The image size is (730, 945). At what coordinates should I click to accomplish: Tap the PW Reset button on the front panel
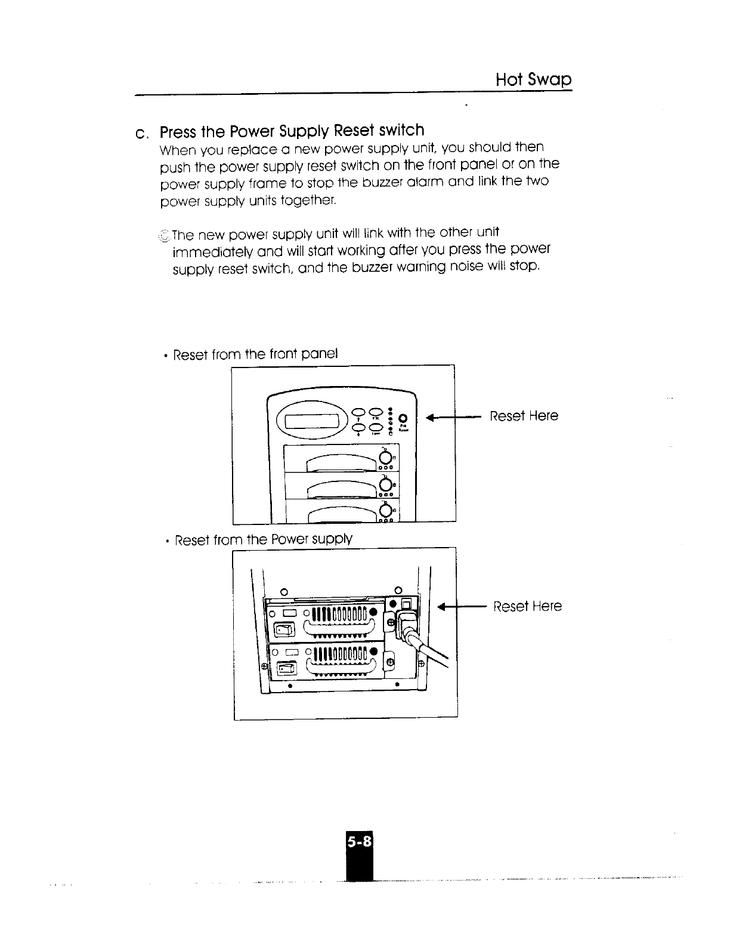403,417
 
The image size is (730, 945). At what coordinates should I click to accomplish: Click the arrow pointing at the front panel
453,417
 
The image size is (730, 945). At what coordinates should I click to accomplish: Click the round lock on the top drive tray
385,458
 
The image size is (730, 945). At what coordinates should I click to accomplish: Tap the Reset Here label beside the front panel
524,416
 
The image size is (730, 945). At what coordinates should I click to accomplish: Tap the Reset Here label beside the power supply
527,607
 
